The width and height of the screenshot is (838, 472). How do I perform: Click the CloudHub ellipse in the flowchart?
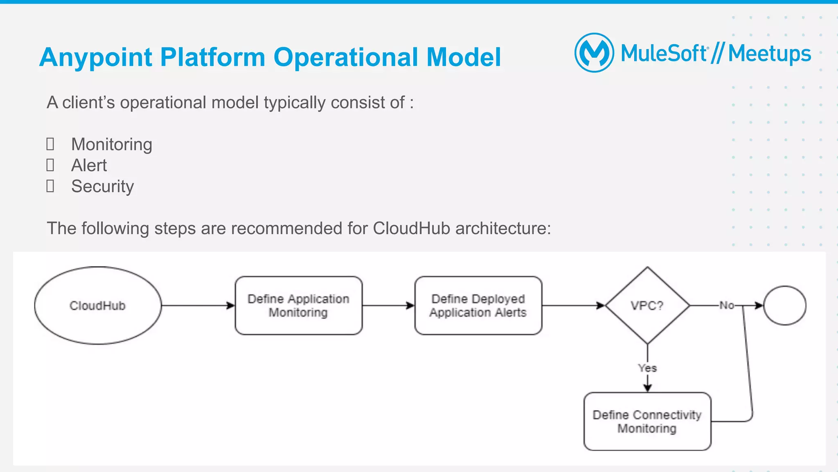98,305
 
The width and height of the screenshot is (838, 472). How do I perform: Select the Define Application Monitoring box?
298,305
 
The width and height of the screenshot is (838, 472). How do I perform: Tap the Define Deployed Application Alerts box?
478,305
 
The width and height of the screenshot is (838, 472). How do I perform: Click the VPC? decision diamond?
647,305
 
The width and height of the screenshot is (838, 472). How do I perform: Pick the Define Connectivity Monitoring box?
647,421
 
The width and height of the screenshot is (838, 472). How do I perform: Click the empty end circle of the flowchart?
784,305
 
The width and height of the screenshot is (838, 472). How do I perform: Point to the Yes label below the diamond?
647,368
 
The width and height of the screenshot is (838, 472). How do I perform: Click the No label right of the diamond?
727,305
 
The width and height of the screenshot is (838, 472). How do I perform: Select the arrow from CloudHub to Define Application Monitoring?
198,305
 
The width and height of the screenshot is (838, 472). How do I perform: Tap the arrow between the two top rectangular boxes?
388,305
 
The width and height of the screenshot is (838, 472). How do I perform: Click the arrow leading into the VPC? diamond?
573,305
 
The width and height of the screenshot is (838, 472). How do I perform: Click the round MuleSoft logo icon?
594,53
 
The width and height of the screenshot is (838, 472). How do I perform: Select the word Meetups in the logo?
769,54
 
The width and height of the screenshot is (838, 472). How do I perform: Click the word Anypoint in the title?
96,57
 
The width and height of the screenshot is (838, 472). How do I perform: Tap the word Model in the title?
463,57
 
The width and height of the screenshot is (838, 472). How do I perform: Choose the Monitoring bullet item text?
112,145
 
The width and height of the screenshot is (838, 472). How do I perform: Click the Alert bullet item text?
89,165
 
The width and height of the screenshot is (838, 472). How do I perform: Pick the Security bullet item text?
102,186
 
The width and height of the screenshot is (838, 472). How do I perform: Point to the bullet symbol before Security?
50,186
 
